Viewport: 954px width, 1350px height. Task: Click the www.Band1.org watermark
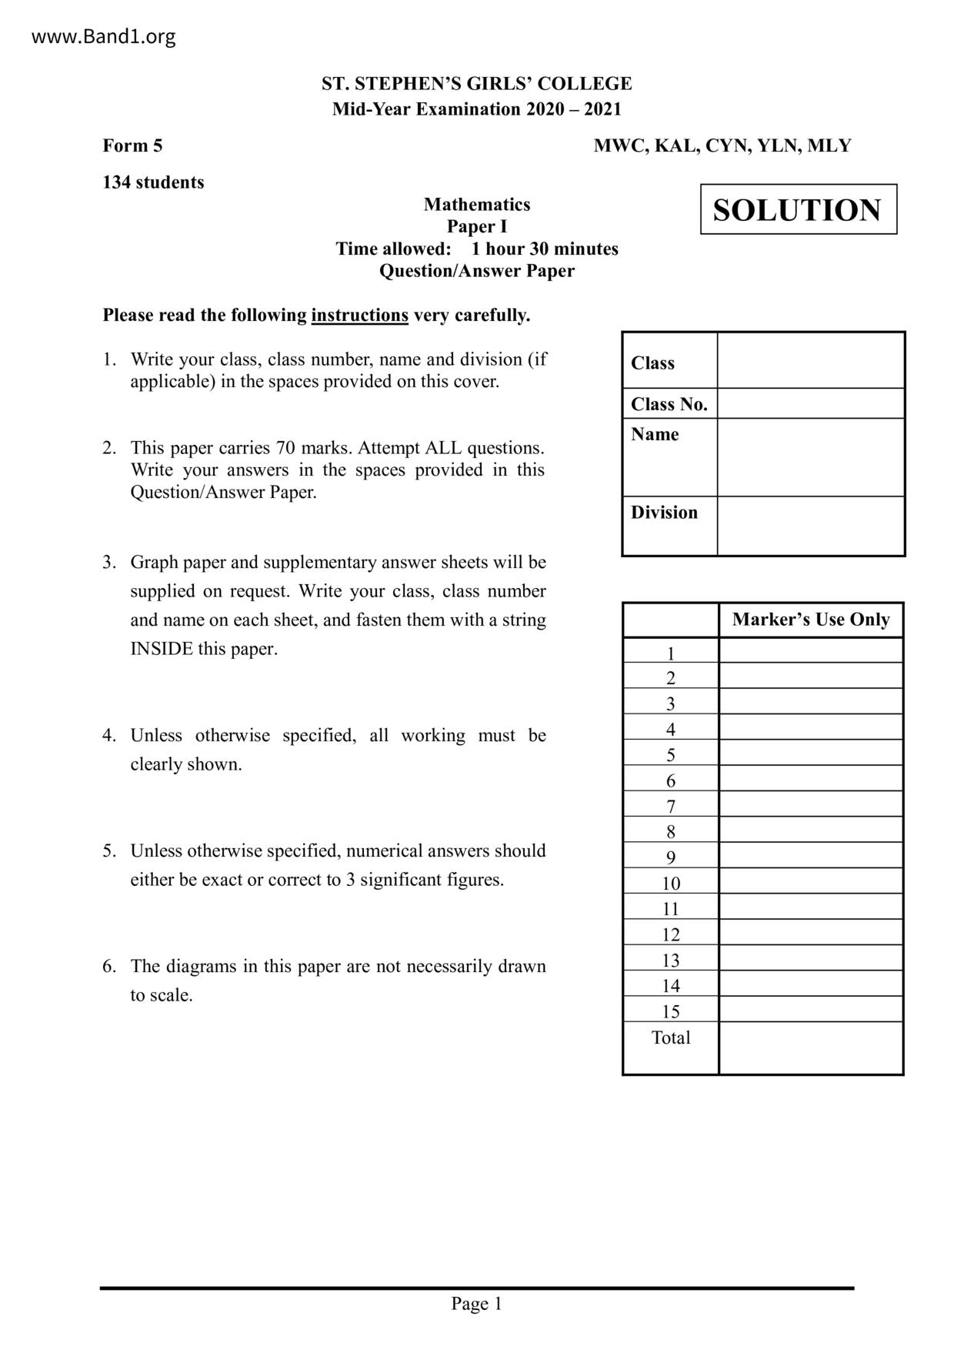coord(103,36)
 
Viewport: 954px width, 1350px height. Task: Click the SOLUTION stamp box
coord(798,209)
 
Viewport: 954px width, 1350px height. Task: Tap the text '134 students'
coord(153,182)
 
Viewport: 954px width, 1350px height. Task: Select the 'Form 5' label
coord(132,145)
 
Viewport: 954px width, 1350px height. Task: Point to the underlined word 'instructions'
coord(359,315)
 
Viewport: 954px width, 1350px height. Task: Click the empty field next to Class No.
coord(810,403)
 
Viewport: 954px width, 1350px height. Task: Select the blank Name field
coord(810,457)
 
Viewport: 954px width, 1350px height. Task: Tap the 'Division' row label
coord(664,513)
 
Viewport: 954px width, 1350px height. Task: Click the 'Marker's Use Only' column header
coord(810,620)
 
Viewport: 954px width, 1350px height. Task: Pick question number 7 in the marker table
coord(671,807)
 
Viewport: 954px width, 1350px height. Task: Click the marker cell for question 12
coord(810,934)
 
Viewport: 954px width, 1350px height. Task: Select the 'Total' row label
coord(671,1038)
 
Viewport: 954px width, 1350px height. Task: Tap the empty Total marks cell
coord(810,1048)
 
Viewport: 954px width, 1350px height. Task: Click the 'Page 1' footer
coord(476,1303)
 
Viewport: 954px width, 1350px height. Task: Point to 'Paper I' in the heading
coord(477,226)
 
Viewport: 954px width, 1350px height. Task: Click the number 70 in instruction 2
coord(285,448)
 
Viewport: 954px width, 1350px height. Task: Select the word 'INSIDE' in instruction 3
coord(162,649)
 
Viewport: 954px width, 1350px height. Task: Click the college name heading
coord(476,83)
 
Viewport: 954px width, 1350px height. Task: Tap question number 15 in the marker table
coord(671,1011)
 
